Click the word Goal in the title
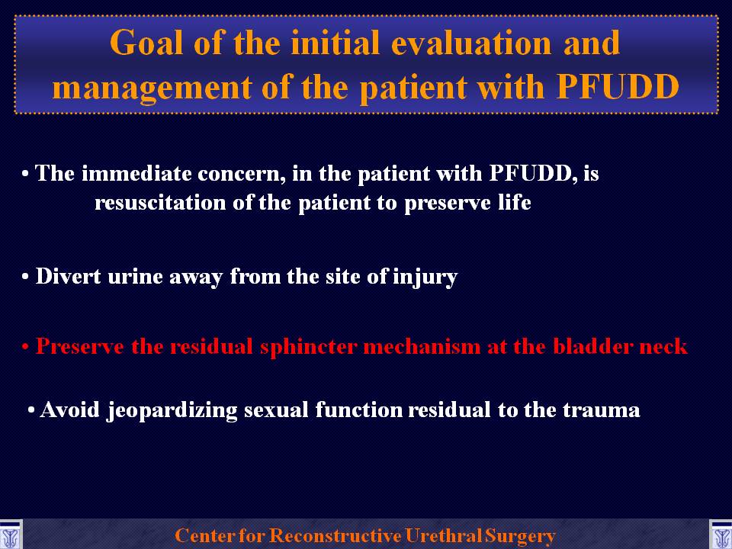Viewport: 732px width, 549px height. tap(146, 43)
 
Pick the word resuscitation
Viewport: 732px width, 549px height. tap(160, 203)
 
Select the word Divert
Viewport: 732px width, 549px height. tap(68, 276)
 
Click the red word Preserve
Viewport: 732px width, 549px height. tap(80, 347)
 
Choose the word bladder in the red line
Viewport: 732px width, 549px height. tap(592, 347)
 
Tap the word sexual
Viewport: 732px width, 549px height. tap(276, 410)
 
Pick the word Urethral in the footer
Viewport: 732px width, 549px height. tap(444, 535)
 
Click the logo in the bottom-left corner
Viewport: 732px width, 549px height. tap(11, 535)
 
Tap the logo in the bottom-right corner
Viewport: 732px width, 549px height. tap(721, 535)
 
